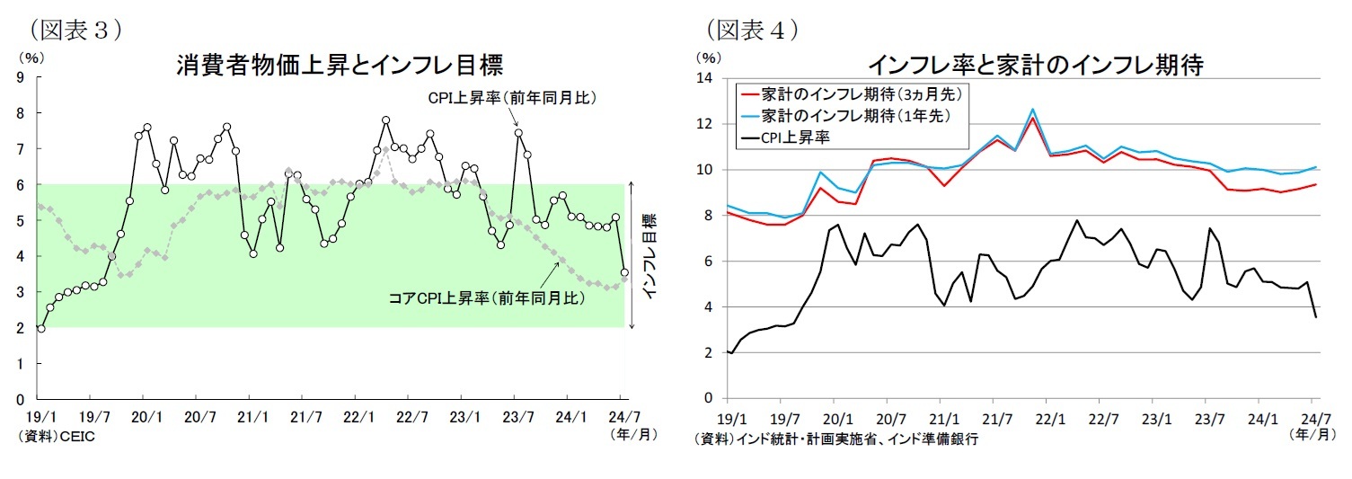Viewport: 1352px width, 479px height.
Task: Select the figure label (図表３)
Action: point(75,29)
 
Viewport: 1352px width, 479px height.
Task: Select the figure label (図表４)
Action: point(753,29)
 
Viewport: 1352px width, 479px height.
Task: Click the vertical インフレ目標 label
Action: point(649,255)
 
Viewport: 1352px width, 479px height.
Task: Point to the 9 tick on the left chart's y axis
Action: point(20,78)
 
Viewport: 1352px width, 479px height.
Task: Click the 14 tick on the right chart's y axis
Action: point(704,78)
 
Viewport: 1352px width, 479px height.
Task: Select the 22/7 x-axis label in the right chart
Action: point(1102,419)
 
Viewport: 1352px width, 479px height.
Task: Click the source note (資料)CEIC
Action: point(56,436)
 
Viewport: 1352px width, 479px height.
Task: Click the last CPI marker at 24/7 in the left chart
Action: point(624,273)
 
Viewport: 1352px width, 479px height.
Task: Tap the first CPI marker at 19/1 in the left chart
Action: point(40,329)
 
